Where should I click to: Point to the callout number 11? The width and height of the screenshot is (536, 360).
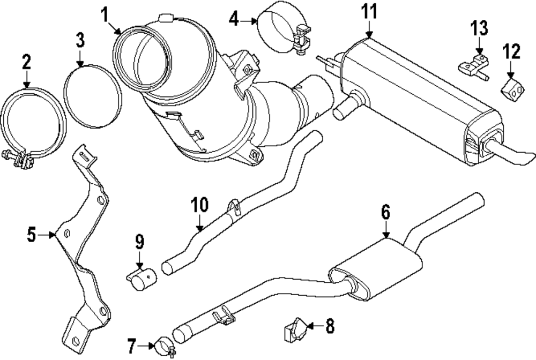(x=369, y=11)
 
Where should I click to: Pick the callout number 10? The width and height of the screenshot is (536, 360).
(x=199, y=205)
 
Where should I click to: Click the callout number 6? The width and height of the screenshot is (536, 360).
(x=386, y=213)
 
